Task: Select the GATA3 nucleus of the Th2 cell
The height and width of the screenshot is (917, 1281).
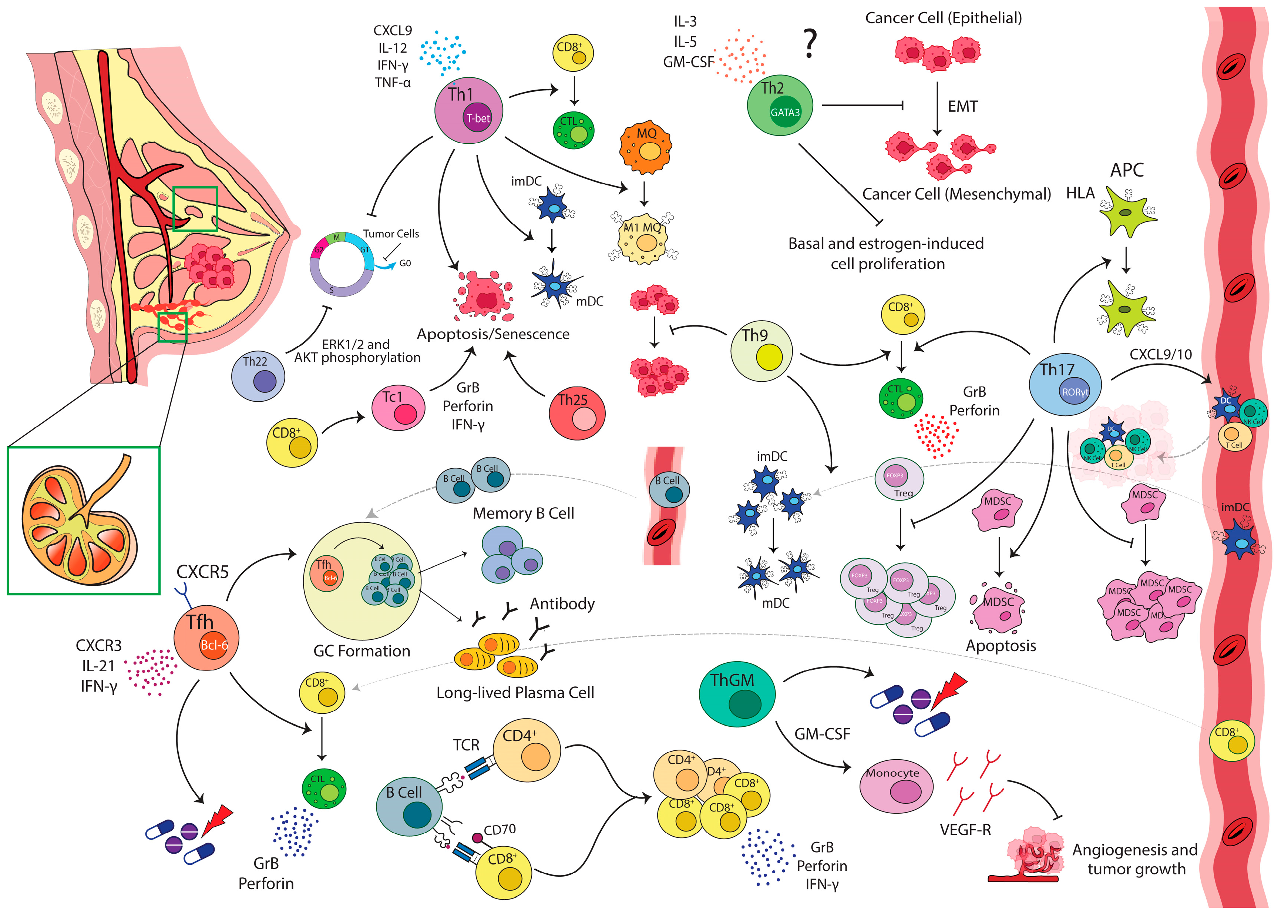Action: pos(785,113)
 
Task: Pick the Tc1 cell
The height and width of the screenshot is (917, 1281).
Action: pos(398,408)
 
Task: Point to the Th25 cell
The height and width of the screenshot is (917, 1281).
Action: pos(577,412)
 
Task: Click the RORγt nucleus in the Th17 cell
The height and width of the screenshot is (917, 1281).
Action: pos(1075,392)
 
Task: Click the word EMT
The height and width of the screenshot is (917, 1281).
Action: pos(963,106)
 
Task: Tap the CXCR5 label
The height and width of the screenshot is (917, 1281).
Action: pos(203,572)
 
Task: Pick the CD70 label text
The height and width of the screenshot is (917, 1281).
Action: pos(500,830)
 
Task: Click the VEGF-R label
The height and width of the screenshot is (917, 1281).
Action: pos(965,830)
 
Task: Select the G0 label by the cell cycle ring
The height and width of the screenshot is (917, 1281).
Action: pos(405,263)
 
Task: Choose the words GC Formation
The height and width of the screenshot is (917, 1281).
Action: pos(362,651)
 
